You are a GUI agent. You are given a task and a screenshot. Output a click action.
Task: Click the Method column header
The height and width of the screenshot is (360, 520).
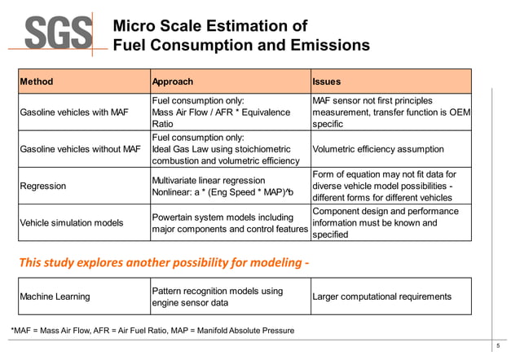click(x=37, y=81)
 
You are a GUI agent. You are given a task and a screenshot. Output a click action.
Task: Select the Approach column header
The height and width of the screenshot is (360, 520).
click(x=173, y=81)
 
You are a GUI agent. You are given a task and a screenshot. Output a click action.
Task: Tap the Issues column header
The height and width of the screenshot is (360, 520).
click(x=326, y=81)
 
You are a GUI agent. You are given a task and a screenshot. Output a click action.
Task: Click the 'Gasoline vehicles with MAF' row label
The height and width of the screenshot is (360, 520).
click(x=74, y=112)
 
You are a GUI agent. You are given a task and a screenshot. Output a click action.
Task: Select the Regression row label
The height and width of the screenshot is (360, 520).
click(x=42, y=187)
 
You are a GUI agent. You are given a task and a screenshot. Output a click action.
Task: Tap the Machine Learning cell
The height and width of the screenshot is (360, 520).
click(x=55, y=296)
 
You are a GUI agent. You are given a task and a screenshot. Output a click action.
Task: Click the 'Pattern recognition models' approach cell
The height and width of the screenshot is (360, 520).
click(x=218, y=296)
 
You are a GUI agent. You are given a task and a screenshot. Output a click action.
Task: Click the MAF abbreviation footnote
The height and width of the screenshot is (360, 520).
click(x=152, y=330)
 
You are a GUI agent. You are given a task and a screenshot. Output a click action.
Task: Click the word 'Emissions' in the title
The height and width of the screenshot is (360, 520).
click(x=322, y=45)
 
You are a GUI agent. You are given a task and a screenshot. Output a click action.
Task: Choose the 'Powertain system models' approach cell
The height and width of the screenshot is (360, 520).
click(x=223, y=223)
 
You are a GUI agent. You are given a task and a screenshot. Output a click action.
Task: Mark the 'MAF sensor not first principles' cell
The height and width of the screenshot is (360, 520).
click(x=390, y=112)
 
